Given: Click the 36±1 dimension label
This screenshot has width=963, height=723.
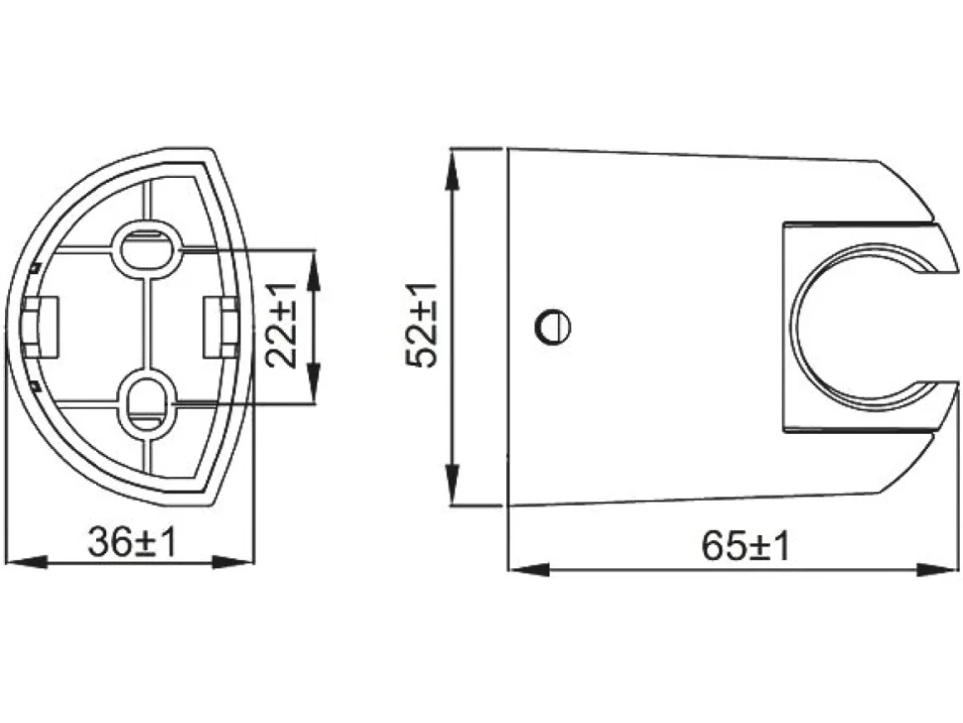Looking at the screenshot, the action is point(132,542).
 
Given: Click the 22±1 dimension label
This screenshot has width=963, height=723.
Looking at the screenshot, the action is point(282,325).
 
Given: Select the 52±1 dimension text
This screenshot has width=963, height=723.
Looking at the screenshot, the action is point(422,325).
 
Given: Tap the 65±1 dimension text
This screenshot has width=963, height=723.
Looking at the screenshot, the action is point(745,546).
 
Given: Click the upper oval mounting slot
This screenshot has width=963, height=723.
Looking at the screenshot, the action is point(147,248).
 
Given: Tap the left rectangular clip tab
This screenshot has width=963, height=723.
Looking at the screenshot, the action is point(41,327).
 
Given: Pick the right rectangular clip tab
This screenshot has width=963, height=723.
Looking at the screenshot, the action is point(219,326).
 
